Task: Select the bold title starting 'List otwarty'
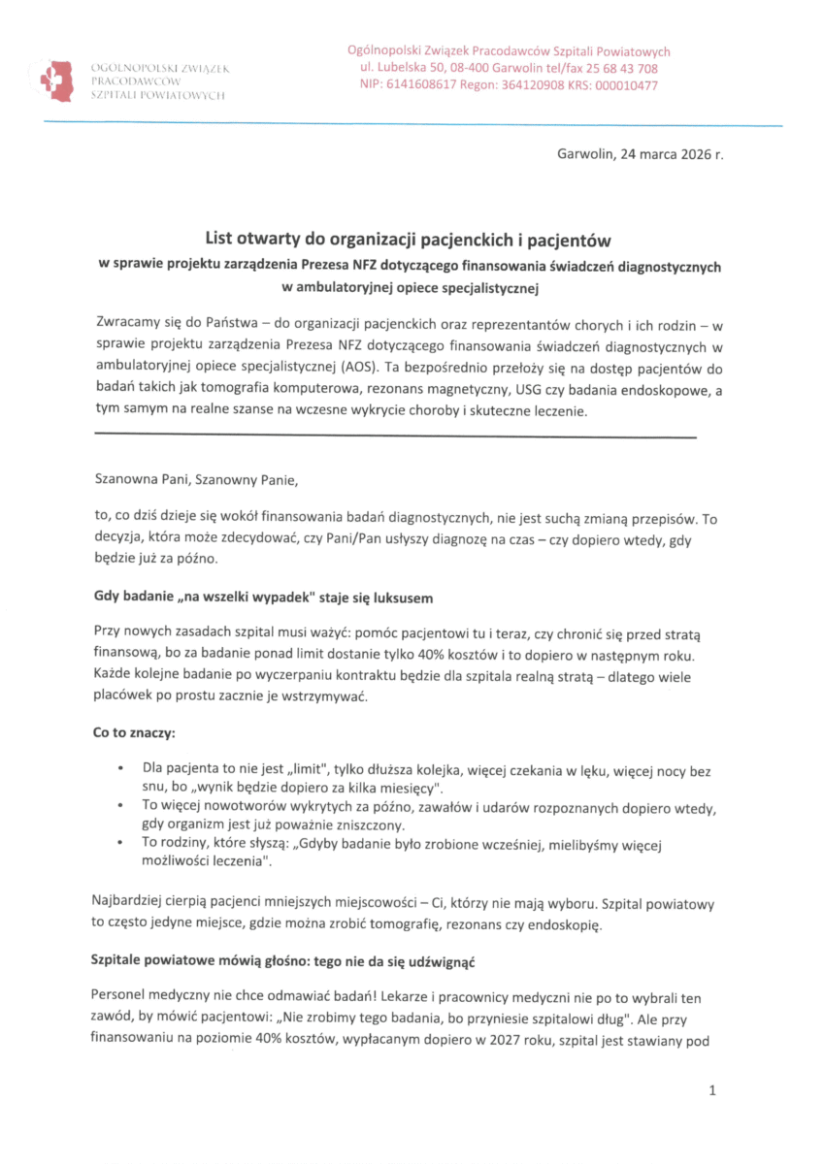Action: [411, 239]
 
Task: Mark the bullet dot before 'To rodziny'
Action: [117, 845]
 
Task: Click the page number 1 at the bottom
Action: [712, 1091]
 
